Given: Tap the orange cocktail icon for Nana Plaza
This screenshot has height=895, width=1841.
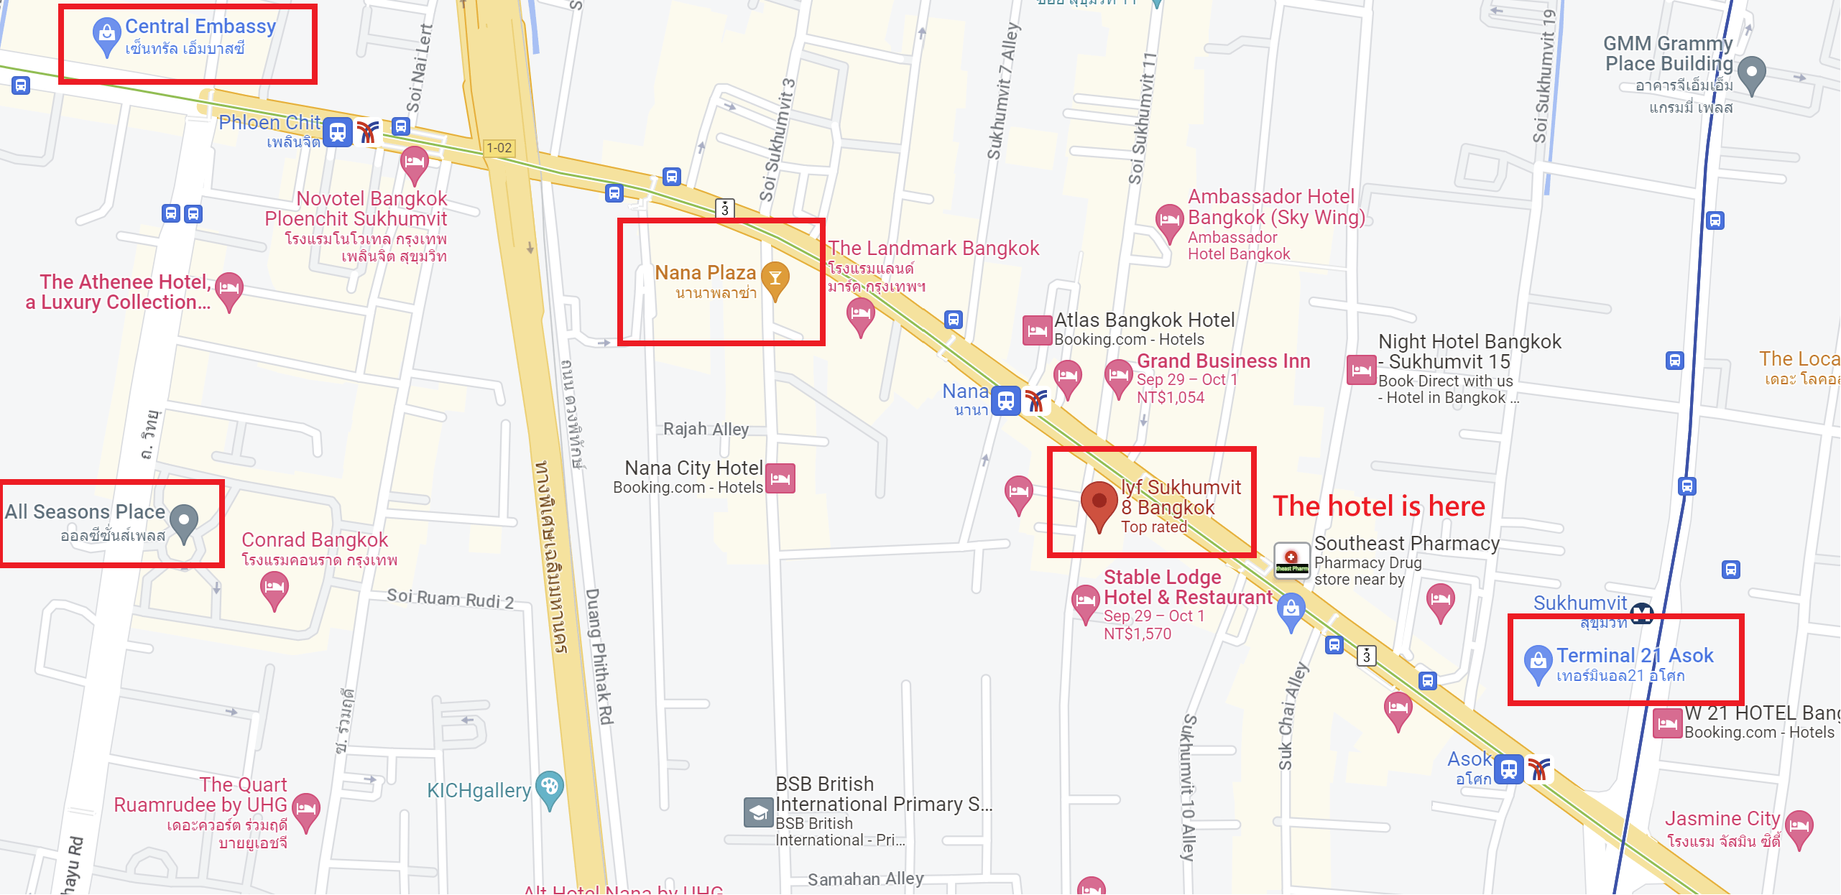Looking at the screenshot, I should coord(775,279).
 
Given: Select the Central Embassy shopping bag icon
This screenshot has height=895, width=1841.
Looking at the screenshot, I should coord(106,34).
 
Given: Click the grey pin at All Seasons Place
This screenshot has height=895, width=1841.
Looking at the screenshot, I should coord(184,521).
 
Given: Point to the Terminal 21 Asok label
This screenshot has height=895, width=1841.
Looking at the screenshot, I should coord(1634,656).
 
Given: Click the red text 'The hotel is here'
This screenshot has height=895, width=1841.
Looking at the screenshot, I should coord(1378,506).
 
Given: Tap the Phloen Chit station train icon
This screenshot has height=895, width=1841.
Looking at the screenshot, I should coord(337,132).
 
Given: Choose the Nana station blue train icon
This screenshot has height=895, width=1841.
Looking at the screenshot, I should coord(1006,400).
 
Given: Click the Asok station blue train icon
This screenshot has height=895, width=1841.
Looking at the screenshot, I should coord(1508,769).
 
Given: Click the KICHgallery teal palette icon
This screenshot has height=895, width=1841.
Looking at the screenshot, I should coord(550,788).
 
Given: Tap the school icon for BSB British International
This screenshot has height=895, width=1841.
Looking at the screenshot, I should coord(758,812).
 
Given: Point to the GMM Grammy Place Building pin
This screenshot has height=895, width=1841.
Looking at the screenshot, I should coord(1751,73).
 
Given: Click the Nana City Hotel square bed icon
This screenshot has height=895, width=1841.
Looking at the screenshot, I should coord(780,478).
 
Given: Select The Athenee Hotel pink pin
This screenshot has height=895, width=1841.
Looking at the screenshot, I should coord(229,289).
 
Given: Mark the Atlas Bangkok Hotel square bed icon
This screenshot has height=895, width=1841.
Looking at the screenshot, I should coord(1037,330).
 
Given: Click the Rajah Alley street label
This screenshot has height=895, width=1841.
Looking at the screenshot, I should coord(706,430).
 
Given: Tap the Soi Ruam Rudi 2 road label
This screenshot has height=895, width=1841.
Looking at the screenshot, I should coord(450,598).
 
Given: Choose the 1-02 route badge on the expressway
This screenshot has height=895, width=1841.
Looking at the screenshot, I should coord(499,148).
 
